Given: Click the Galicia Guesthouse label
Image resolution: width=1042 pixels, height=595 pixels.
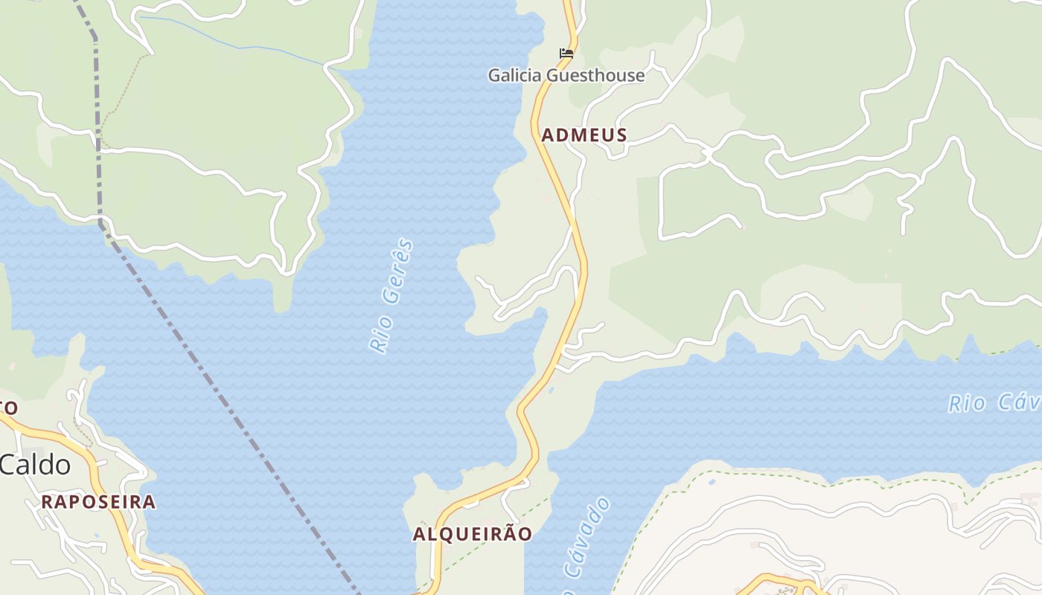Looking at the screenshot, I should (x=566, y=75).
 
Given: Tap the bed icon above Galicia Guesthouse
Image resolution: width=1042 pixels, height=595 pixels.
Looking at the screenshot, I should (x=566, y=54).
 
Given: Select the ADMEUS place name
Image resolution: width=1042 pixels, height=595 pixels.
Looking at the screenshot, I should (x=584, y=135).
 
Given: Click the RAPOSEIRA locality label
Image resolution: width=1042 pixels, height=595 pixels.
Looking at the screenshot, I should (x=98, y=502).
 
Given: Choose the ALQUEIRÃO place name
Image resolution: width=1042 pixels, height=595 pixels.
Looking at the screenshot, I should (x=473, y=534).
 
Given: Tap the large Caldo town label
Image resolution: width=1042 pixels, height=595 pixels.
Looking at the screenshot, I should (x=35, y=466).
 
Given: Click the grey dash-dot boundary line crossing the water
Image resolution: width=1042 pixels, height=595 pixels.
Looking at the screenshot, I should (x=223, y=402).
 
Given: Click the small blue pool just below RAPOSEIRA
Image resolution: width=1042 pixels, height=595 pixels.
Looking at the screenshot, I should (x=96, y=535).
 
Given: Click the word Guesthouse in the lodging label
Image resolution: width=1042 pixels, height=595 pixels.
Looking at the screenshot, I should (x=595, y=75).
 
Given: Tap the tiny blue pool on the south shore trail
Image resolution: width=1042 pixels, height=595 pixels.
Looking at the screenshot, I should (x=712, y=482).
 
